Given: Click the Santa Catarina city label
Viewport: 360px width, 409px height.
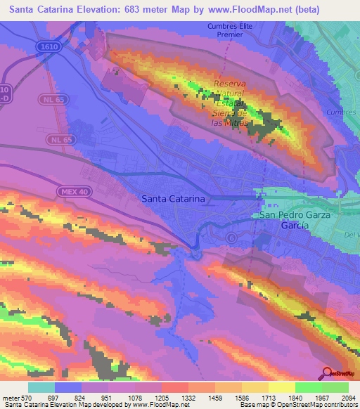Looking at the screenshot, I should tap(174, 199).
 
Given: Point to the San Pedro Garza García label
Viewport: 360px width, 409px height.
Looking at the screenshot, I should tap(295, 221).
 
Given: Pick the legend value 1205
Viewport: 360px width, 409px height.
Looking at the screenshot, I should tap(162, 398).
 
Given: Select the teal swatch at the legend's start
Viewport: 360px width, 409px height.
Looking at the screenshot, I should tap(41, 387).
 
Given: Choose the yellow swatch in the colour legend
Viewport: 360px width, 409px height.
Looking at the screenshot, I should tap(281, 387).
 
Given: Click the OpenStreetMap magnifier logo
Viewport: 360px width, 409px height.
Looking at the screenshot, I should tap(327, 373).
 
